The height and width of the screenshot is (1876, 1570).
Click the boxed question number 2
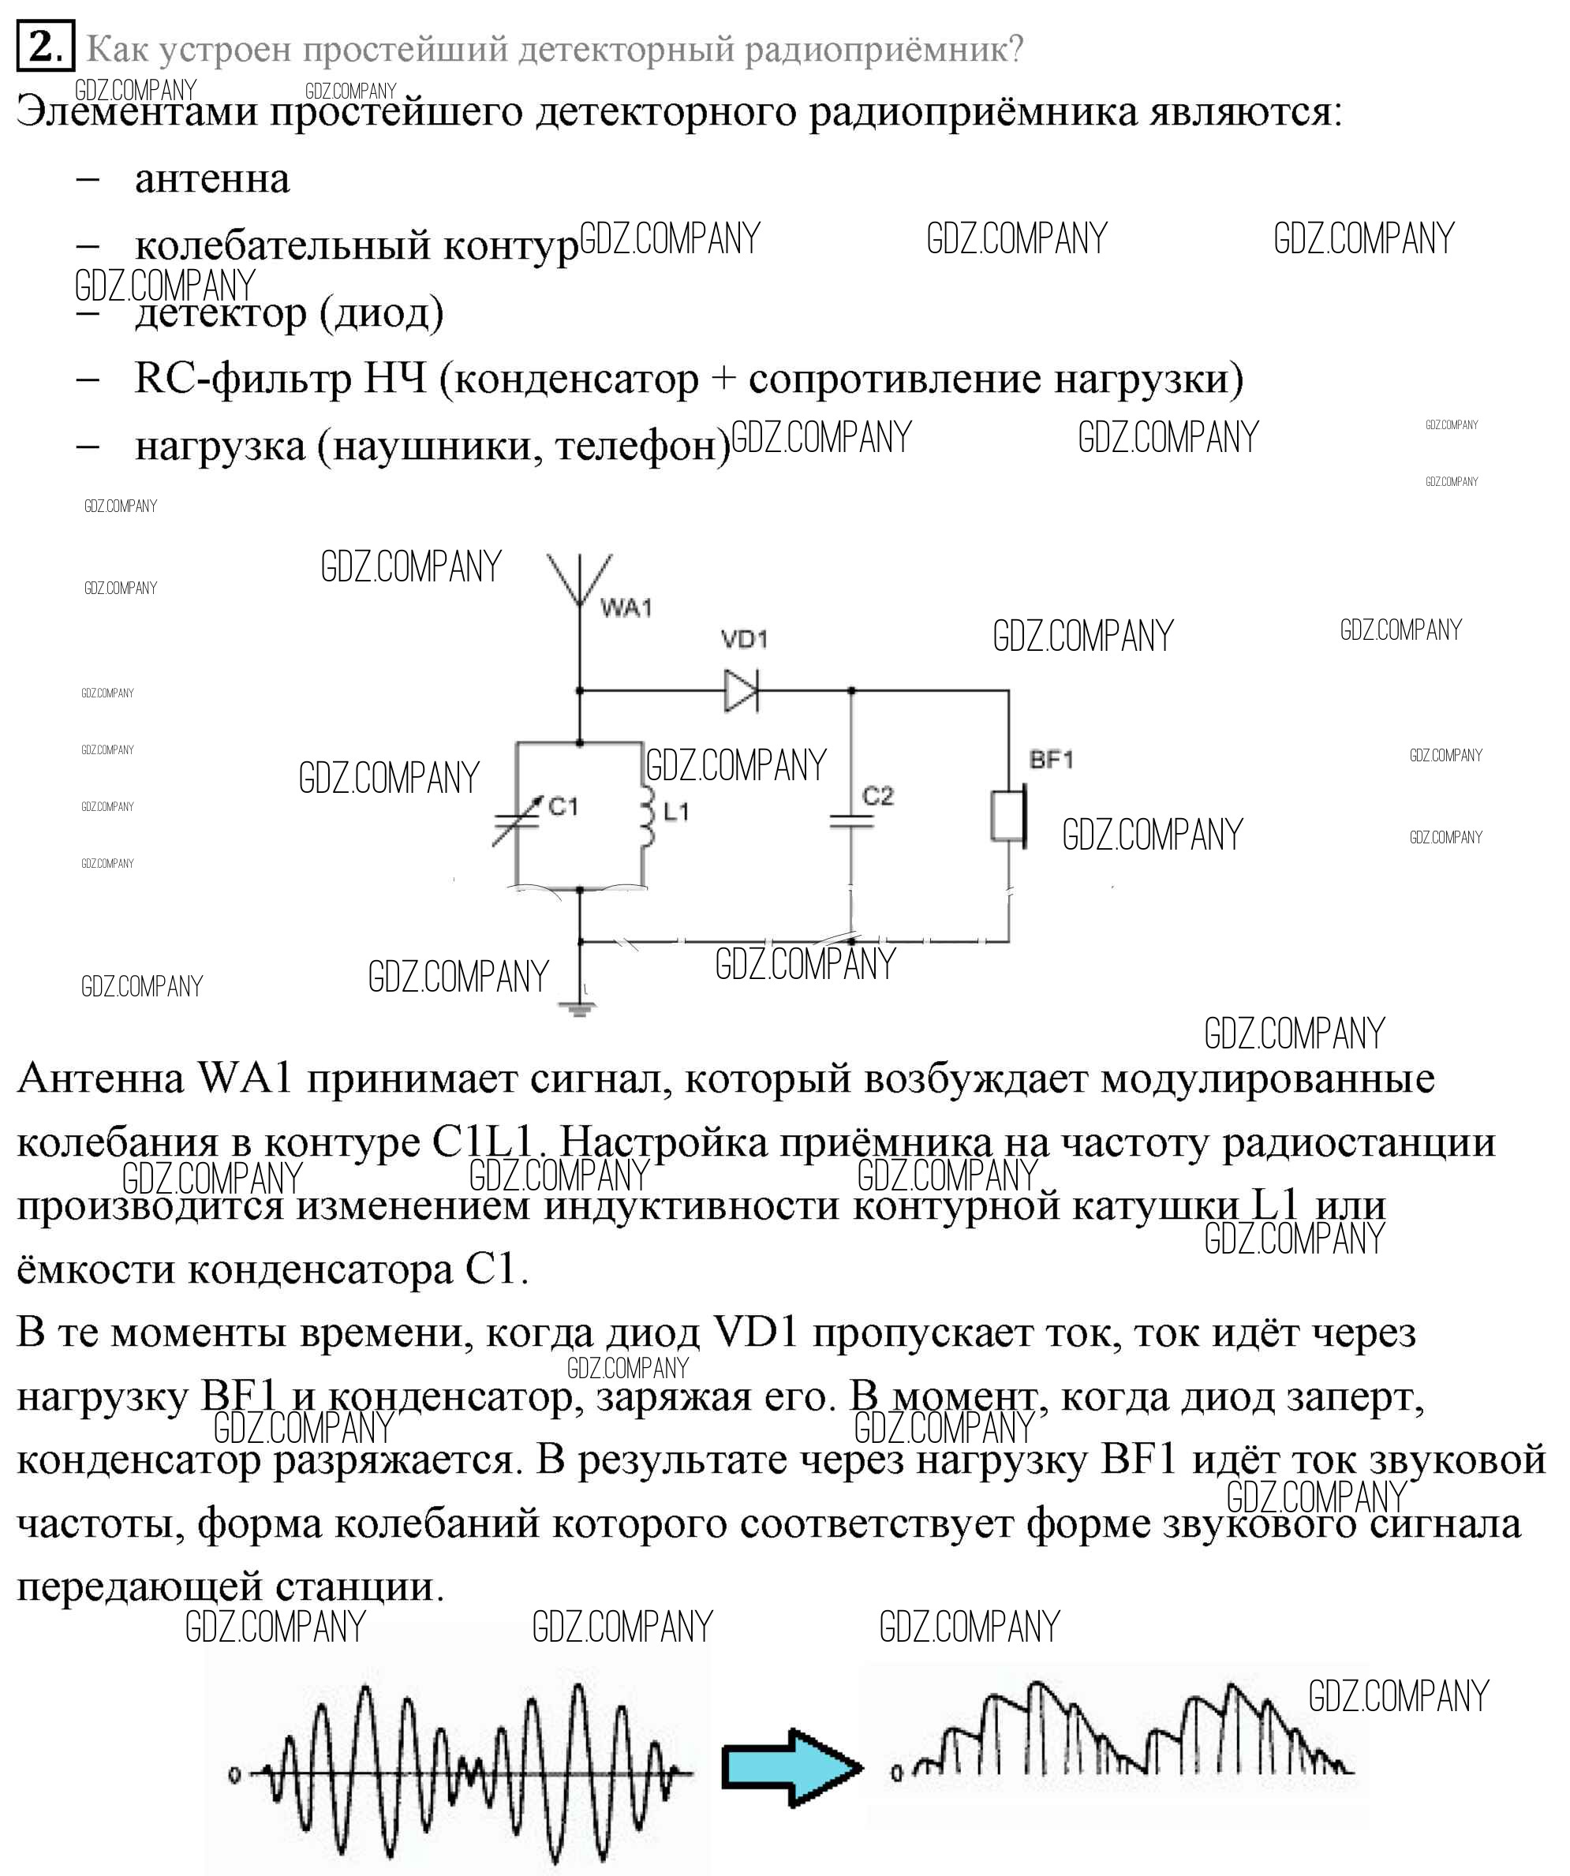45,45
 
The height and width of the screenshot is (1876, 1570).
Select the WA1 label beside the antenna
626,608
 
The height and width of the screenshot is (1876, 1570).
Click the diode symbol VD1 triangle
741,690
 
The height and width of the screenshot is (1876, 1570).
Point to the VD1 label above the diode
744,640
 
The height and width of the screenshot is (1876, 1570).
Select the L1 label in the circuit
676,811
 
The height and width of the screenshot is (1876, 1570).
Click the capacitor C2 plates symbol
850,821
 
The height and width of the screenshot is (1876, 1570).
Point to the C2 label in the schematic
877,795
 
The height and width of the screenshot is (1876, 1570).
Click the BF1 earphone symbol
1010,816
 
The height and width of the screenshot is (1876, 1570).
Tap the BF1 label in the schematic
1051,760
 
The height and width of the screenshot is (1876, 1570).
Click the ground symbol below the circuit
579,1010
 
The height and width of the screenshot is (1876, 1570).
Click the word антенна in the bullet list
211,178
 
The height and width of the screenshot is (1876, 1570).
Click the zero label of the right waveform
897,1773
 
